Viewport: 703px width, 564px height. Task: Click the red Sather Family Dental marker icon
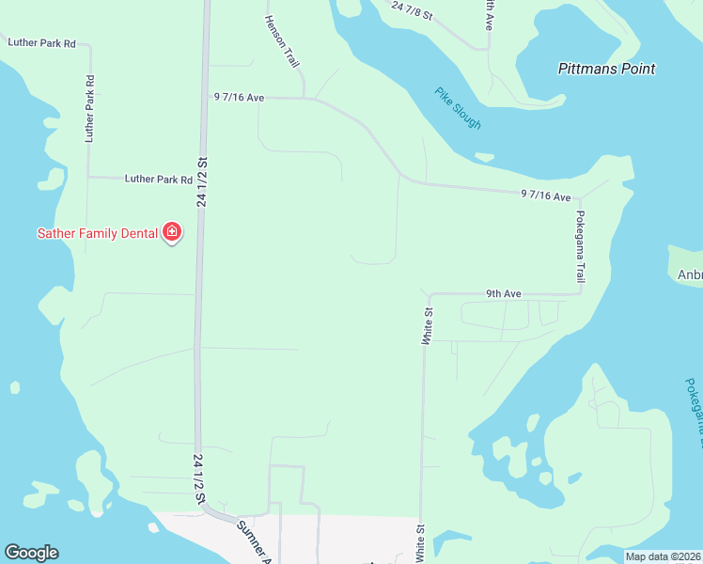(x=172, y=231)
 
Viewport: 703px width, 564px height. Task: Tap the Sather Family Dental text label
(x=97, y=233)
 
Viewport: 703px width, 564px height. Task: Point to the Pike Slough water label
(x=458, y=108)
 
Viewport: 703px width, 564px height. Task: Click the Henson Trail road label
(x=281, y=41)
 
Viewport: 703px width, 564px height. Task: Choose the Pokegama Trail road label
(x=581, y=246)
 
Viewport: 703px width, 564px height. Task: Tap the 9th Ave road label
(x=503, y=294)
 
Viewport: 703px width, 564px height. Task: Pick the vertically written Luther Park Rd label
(x=90, y=108)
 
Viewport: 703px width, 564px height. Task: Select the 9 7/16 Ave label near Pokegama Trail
(x=546, y=196)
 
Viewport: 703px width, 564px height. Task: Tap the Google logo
(x=31, y=553)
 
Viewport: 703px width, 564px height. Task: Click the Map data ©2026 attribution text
(x=662, y=556)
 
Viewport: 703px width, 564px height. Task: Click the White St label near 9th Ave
(x=427, y=323)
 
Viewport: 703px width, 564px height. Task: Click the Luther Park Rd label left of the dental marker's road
(x=159, y=179)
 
